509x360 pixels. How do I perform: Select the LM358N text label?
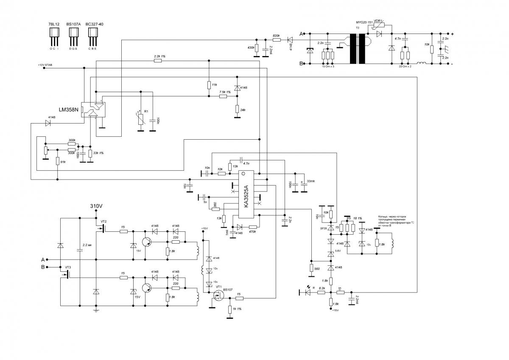pos(69,110)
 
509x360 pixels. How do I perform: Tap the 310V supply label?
pos(96,206)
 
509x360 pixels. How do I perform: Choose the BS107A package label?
pos(73,24)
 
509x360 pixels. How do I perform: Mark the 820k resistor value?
pos(276,24)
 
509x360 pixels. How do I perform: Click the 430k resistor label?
pos(251,48)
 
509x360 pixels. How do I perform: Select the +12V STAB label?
pos(46,65)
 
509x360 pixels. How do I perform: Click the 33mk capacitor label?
pos(311,181)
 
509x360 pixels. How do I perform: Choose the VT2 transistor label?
pos(103,222)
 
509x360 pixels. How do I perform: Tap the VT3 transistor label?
pos(68,267)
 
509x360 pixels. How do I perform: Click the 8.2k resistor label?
pos(322,288)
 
